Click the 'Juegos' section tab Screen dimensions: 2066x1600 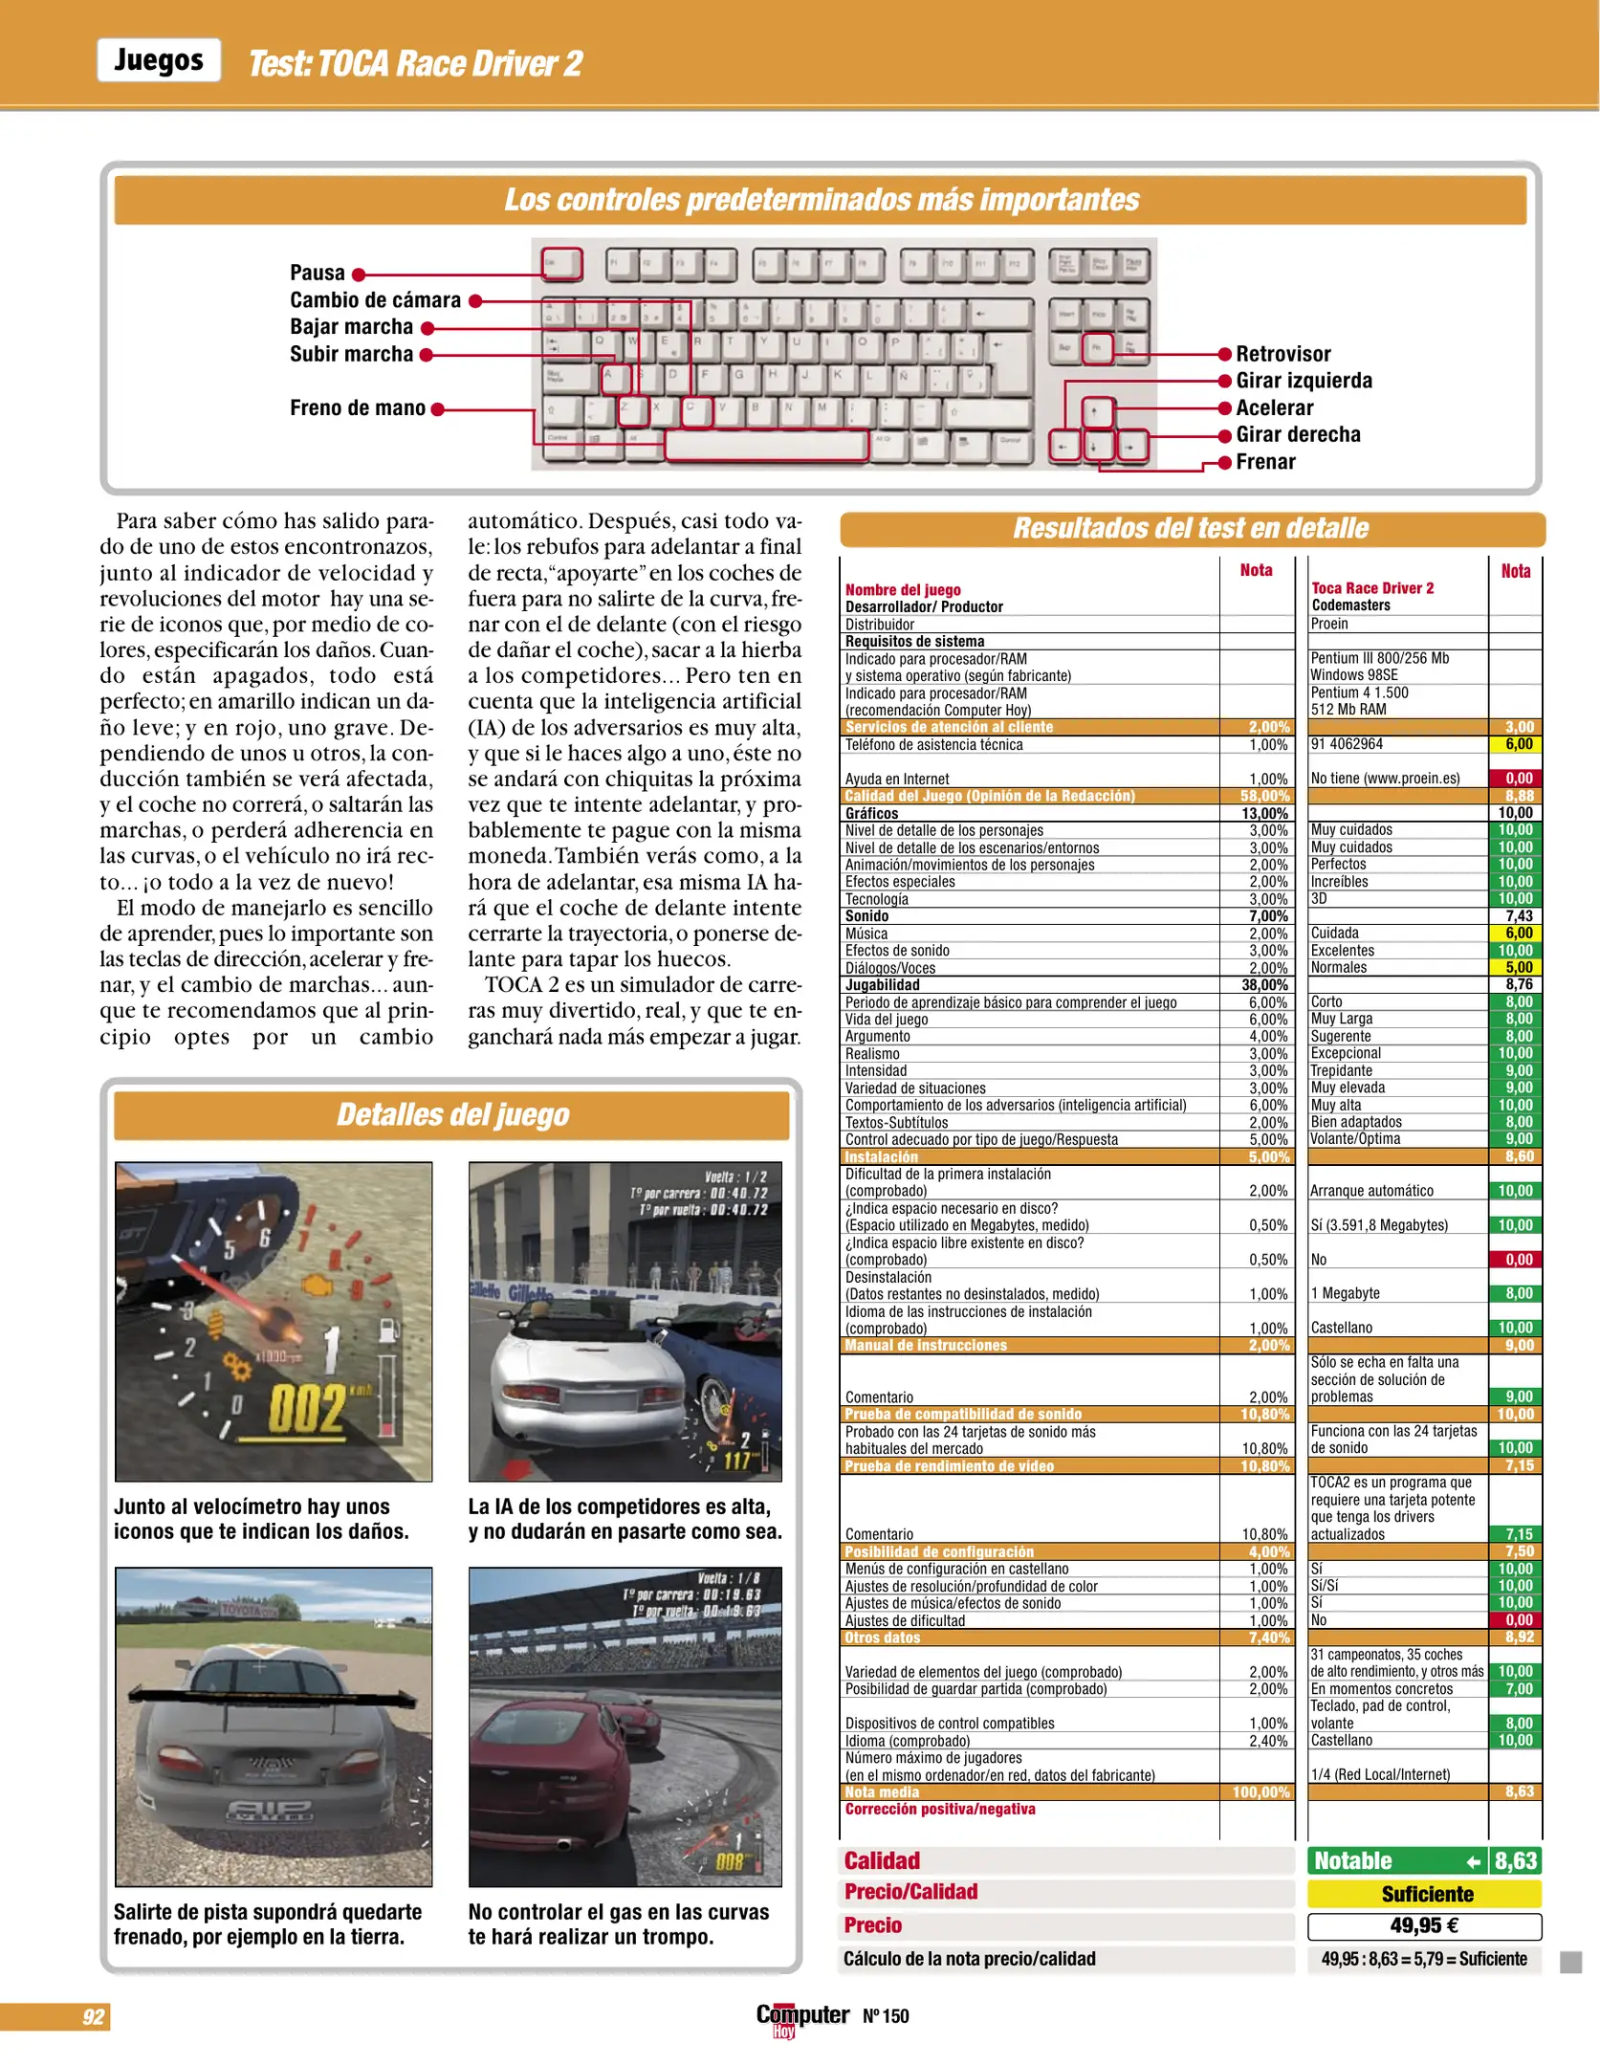(x=159, y=60)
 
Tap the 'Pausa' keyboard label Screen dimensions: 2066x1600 (x=317, y=274)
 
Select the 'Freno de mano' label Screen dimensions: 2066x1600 (x=358, y=408)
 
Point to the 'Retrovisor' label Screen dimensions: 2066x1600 (x=1282, y=355)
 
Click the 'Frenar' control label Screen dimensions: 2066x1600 (x=1265, y=462)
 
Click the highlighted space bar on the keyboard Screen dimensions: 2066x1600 (x=766, y=445)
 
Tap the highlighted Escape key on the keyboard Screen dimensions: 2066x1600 (x=561, y=263)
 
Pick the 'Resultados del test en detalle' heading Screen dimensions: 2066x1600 (x=1191, y=528)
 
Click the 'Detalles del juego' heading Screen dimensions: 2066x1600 (x=452, y=1115)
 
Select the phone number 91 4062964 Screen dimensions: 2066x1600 (x=1347, y=744)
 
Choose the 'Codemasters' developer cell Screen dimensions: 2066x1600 (x=1350, y=605)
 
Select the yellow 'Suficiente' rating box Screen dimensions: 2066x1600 (x=1425, y=1894)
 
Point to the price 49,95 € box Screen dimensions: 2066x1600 (x=1425, y=1926)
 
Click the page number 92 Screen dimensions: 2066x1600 (x=93, y=2017)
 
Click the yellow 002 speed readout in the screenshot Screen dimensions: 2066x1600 (x=306, y=1408)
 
